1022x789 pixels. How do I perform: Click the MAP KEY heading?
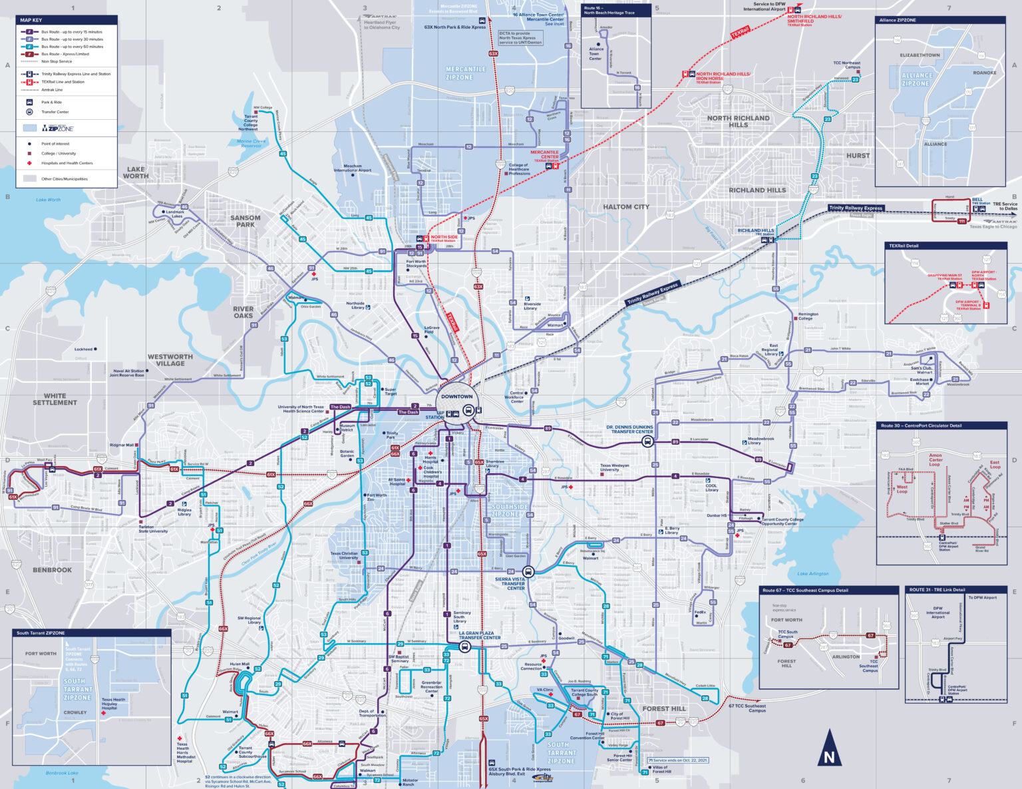[x=31, y=20]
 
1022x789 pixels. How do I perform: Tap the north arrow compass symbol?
[x=828, y=747]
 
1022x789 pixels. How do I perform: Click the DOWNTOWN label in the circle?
[x=456, y=397]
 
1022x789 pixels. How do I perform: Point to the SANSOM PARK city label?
[x=246, y=221]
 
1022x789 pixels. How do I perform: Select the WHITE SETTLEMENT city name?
[x=55, y=399]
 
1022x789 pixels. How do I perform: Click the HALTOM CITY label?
[x=625, y=207]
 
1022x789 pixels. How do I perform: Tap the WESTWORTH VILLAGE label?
[x=170, y=360]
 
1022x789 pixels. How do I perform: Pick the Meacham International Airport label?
[x=353, y=168]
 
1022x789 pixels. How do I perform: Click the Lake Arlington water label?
[x=813, y=573]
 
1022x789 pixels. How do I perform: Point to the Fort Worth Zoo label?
[x=377, y=497]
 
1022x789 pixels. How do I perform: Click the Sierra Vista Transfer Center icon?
[x=528, y=571]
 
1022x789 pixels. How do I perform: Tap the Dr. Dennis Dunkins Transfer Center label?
[x=629, y=429]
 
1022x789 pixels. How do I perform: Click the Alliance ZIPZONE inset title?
[x=898, y=20]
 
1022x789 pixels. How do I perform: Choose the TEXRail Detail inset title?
[x=904, y=246]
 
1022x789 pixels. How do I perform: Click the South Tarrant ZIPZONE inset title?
[x=41, y=633]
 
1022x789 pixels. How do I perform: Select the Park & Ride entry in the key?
[x=51, y=103]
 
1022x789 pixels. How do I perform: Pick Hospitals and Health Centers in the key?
[x=67, y=163]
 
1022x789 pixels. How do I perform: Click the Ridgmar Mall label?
[x=122, y=445]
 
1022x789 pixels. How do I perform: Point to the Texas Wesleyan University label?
[x=614, y=468]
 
